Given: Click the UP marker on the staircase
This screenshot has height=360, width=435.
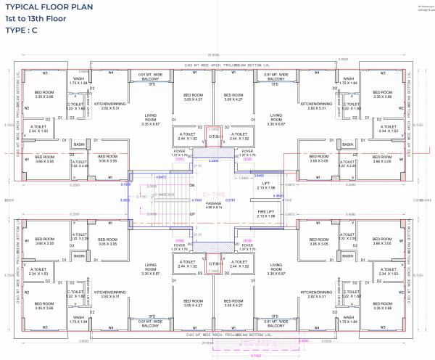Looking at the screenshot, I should click(x=191, y=214).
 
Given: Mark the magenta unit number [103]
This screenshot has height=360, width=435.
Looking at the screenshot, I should click(x=246, y=240).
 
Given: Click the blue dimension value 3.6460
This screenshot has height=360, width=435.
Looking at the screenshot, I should click(x=258, y=175).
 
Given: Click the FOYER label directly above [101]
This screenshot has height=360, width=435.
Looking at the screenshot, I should click(x=178, y=151).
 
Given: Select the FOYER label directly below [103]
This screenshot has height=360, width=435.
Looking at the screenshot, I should click(x=246, y=245).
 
